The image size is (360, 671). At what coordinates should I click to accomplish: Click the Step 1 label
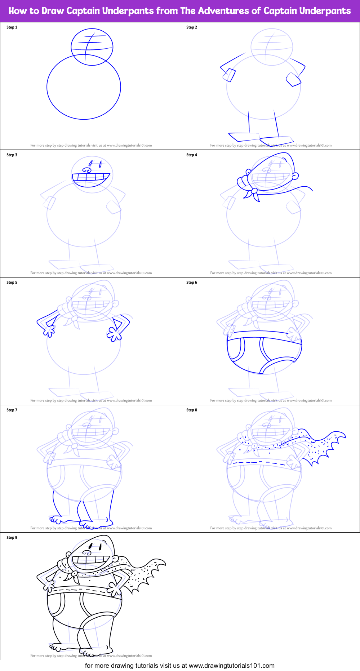12,27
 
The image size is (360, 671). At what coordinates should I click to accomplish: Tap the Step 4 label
192,155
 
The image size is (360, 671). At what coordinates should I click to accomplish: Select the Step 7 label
12,410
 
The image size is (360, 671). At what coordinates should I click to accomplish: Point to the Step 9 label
12,538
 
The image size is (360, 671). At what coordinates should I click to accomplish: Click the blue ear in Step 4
295,176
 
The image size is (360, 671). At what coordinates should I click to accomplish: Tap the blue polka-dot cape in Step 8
321,447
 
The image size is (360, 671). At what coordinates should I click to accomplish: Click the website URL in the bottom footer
231,666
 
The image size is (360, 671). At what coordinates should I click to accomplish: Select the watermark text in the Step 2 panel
271,146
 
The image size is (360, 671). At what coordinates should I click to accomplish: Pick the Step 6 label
192,283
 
